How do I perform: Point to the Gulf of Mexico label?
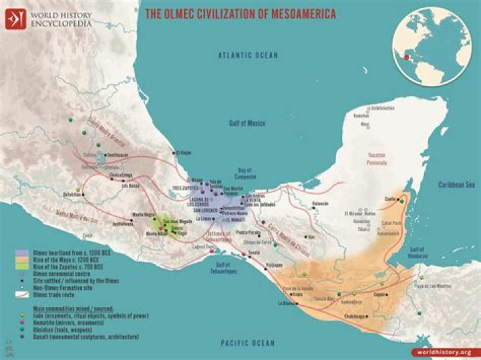click(x=247, y=124)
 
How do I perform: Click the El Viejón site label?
click(x=184, y=153)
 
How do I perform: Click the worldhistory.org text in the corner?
click(x=449, y=351)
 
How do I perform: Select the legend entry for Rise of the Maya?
click(x=53, y=259)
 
